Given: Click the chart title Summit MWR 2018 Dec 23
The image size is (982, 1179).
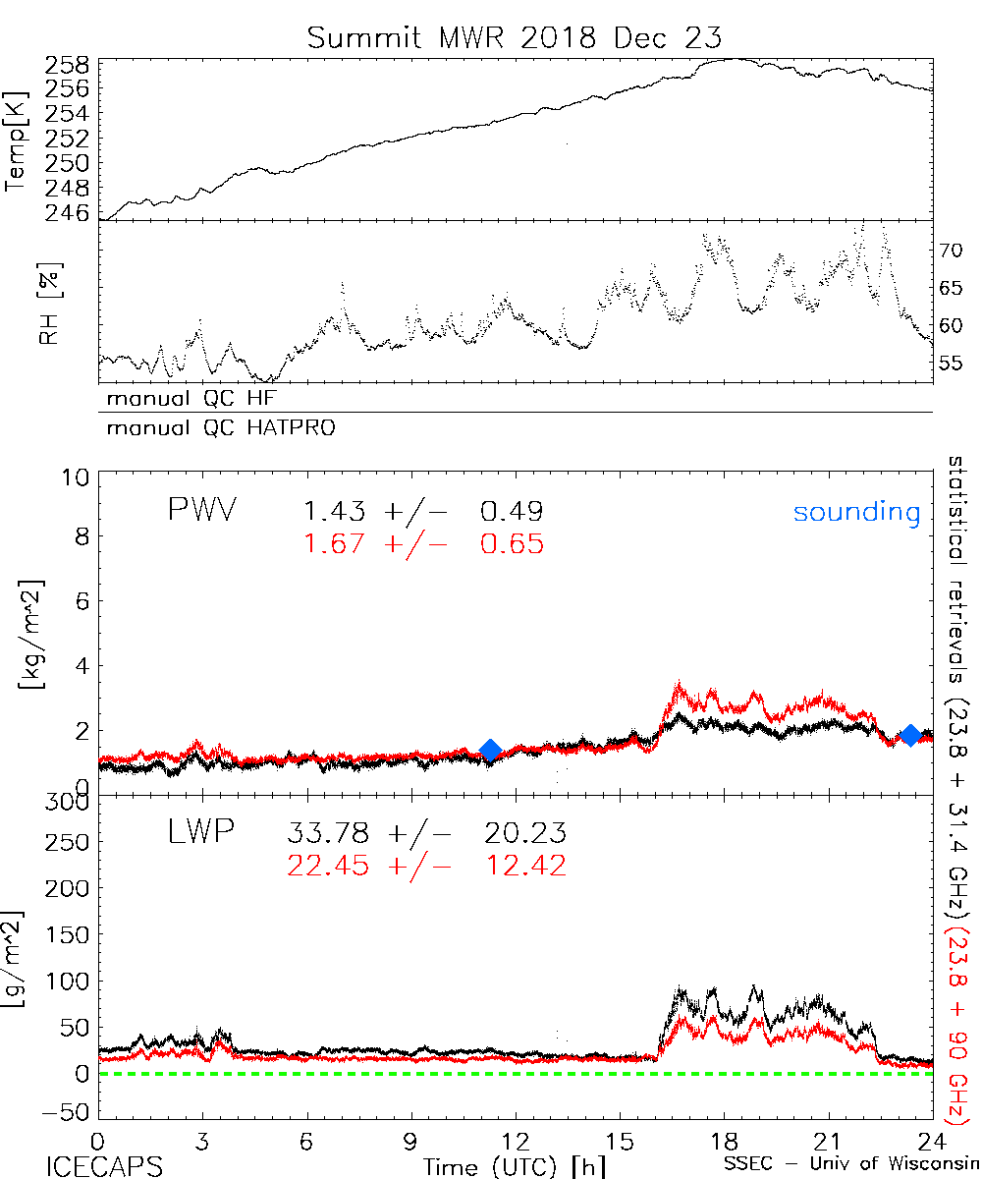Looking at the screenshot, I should click(x=514, y=38).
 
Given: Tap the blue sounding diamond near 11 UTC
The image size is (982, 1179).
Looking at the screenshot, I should click(x=490, y=751).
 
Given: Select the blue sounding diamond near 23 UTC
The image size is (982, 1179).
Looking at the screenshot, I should click(x=910, y=735).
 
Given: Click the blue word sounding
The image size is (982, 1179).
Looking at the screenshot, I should click(x=856, y=512).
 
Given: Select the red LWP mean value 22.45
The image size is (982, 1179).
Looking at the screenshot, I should click(x=328, y=866).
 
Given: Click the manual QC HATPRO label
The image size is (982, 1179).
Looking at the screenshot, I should click(x=215, y=428).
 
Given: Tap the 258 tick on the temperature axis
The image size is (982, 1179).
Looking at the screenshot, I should click(x=67, y=66).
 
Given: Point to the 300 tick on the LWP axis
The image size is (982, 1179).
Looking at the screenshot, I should click(x=67, y=802).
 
